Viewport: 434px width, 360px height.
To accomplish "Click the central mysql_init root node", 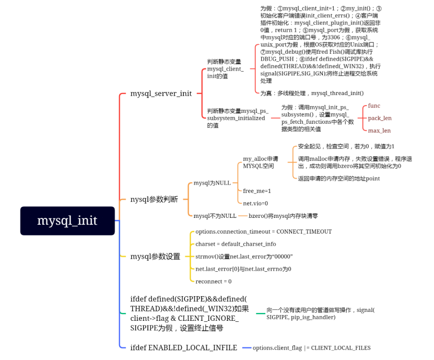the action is pos(67,220).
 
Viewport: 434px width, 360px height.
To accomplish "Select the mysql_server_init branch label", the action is pos(161,94).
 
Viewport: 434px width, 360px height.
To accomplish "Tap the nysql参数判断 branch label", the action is pos(154,199).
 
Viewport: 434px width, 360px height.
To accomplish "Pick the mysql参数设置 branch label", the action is pos(155,256).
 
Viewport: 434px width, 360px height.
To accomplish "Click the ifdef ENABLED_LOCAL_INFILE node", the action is pos(183,347).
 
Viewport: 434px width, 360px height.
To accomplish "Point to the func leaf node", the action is pos(374,106).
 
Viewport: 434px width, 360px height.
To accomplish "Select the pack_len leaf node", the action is pos(380,118).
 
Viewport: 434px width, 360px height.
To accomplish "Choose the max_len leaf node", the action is pos(379,131).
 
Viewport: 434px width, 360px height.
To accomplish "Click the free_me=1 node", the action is pos(257,191).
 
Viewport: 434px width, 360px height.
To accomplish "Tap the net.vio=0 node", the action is pos(255,203).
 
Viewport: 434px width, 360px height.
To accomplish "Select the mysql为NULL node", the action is pos(212,183).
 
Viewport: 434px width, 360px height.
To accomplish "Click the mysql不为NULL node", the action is pos(215,216).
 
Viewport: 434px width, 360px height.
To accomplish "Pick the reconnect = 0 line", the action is pos(213,281).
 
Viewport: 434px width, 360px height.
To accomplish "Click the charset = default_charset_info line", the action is pos(236,244).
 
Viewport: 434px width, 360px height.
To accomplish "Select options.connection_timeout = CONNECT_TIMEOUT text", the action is pos(263,231).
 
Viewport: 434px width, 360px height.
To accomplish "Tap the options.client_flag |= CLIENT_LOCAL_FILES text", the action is pos(312,347).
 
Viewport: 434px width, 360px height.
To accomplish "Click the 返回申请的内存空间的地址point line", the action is pos(339,178).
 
